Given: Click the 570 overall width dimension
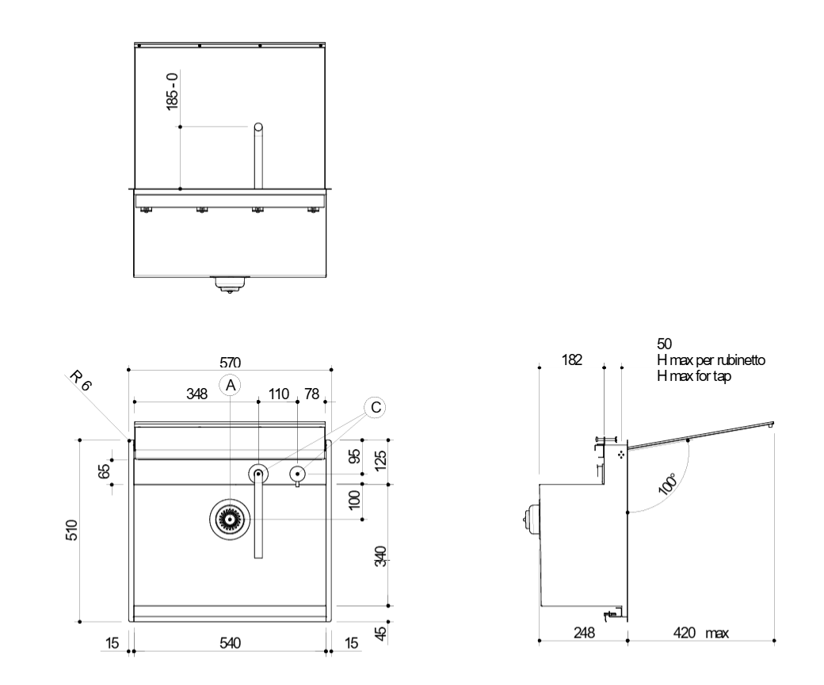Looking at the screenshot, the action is point(231,363).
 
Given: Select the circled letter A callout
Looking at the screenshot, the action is point(231,386).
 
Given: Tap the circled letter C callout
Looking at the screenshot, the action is point(376,408).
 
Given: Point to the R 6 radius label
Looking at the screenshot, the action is point(80,381).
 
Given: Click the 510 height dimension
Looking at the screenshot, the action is point(72,530).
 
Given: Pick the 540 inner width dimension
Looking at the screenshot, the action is point(231,643).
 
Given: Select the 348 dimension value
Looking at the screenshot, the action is point(197,394).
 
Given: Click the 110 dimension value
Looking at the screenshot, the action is point(279,394).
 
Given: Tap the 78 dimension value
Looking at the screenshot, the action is point(311,394).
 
